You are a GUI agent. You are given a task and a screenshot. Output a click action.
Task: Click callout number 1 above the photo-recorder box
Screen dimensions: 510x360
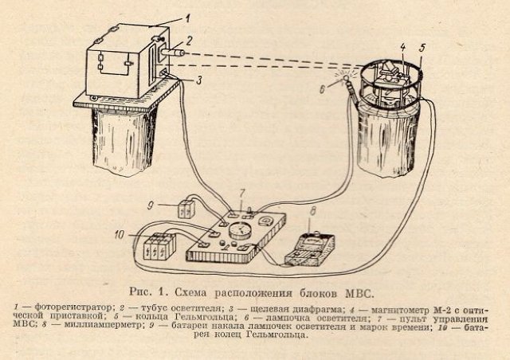[x=188, y=18]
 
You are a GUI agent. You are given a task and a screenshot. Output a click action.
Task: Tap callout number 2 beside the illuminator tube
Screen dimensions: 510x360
[x=189, y=41]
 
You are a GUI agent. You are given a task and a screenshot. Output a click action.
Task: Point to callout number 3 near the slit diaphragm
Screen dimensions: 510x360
[x=199, y=80]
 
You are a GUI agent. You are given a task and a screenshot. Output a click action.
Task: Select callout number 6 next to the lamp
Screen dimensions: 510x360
[x=322, y=89]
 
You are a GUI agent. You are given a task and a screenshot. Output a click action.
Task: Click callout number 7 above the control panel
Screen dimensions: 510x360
[x=242, y=194]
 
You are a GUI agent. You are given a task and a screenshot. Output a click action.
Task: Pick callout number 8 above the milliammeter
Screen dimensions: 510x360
[x=312, y=211]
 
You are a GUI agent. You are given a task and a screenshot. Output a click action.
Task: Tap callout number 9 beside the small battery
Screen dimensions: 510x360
[x=151, y=205]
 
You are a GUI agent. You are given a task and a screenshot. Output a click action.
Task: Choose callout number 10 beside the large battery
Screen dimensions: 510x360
[x=120, y=234]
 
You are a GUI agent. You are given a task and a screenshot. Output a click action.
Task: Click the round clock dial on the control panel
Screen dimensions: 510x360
[x=241, y=231]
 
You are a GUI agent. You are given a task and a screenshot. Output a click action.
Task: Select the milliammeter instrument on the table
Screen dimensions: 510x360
[x=310, y=249]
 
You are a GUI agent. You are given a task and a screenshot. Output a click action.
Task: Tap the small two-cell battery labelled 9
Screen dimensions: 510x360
[x=186, y=209]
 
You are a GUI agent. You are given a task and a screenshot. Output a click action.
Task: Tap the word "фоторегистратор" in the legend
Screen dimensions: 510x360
[x=73, y=307]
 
